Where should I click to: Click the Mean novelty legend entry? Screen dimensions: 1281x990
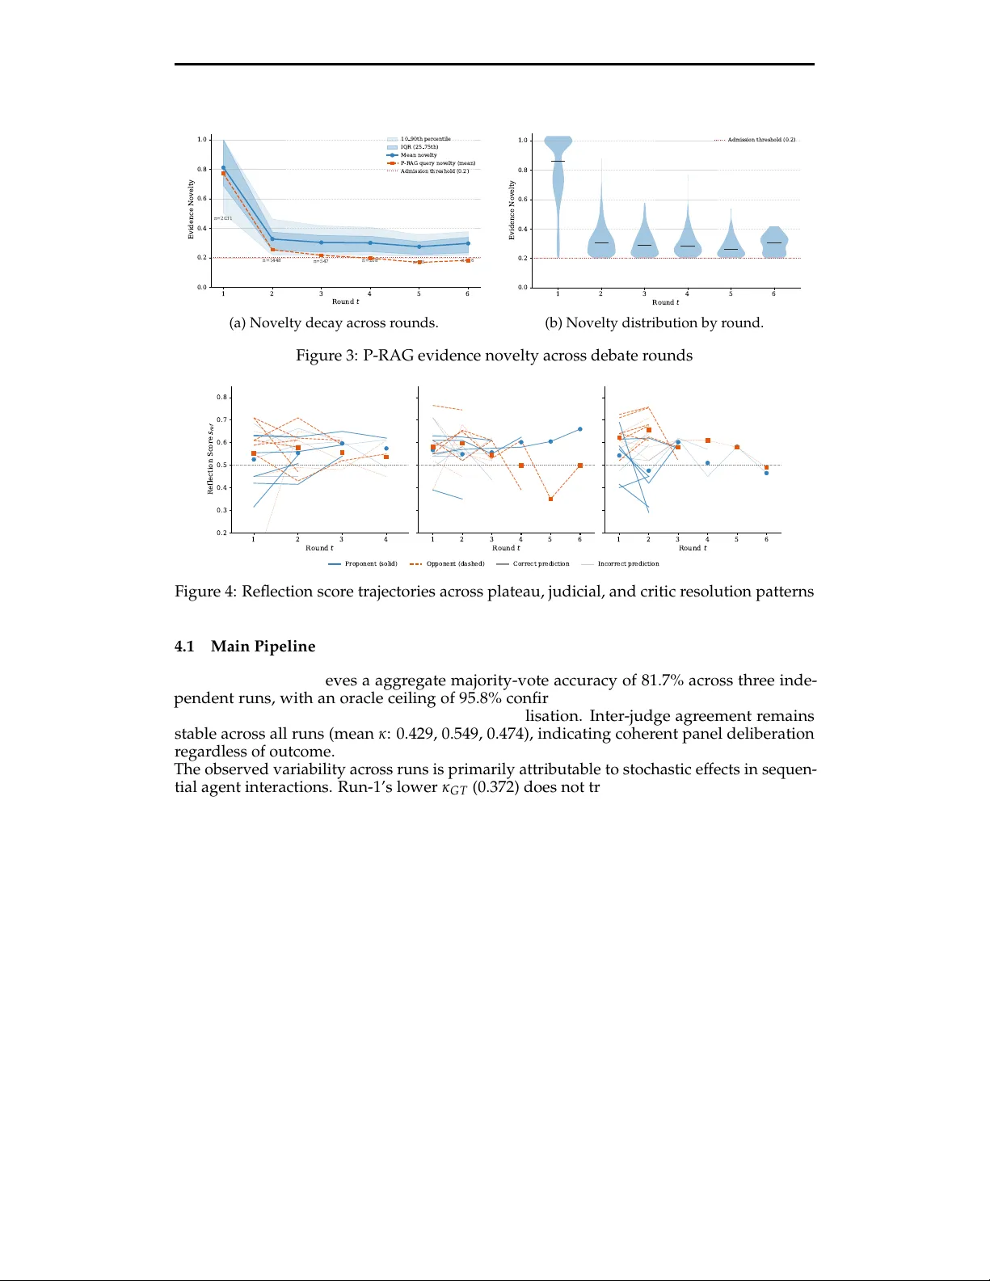419,155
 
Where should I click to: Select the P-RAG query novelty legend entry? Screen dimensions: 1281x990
437,163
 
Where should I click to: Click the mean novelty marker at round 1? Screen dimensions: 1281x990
224,168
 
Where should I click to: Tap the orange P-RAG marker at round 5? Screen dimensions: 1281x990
419,262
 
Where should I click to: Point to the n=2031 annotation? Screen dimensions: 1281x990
223,218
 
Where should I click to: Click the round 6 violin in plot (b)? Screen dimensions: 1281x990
774,242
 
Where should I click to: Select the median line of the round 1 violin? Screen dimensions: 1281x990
558,162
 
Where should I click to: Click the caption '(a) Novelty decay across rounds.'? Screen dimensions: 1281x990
334,323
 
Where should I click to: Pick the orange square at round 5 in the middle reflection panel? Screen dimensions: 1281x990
550,499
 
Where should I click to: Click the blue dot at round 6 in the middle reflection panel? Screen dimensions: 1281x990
580,429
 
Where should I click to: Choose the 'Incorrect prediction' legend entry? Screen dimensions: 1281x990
628,564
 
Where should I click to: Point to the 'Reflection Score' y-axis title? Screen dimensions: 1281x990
210,458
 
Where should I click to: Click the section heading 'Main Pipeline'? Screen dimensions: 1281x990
263,647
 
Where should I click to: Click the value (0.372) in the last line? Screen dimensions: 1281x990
495,787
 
